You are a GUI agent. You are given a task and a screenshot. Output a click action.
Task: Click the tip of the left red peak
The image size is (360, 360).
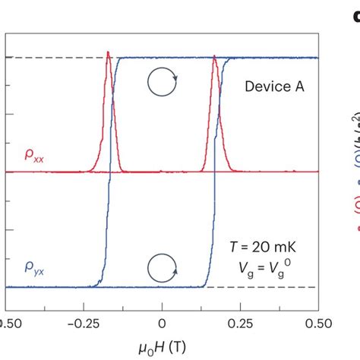(109, 52)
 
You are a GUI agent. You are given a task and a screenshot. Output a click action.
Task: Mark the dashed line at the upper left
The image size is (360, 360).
(46, 58)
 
